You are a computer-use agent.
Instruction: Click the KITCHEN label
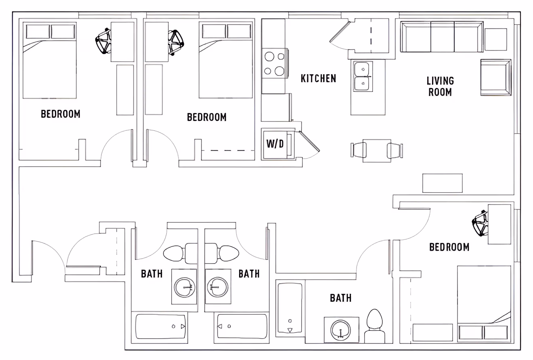coord(318,78)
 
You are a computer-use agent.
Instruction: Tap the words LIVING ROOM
coord(440,86)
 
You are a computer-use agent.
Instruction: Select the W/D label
coord(275,144)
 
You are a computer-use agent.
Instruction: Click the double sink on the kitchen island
coord(363,76)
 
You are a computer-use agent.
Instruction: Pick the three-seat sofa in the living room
coord(442,37)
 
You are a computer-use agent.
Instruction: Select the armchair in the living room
coord(495,77)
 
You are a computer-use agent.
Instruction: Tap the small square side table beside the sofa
coord(495,39)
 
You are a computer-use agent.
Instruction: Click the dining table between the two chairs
coord(377,151)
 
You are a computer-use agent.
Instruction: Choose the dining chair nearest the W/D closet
coord(358,151)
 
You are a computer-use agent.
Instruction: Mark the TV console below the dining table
coord(442,183)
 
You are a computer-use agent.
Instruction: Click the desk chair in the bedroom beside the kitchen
coord(176,42)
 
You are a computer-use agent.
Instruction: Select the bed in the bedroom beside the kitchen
coord(226,61)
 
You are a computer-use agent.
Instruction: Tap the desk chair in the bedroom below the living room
coord(481,223)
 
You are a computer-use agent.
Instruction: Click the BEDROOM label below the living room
coord(449,247)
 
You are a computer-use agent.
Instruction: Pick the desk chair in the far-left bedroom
coord(103,41)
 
